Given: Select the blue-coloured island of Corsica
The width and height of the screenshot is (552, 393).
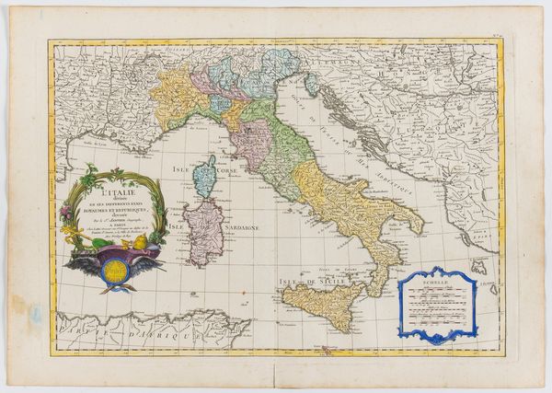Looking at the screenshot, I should (x=211, y=175).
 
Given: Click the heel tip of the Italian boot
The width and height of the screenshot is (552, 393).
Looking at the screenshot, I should (x=422, y=227).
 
